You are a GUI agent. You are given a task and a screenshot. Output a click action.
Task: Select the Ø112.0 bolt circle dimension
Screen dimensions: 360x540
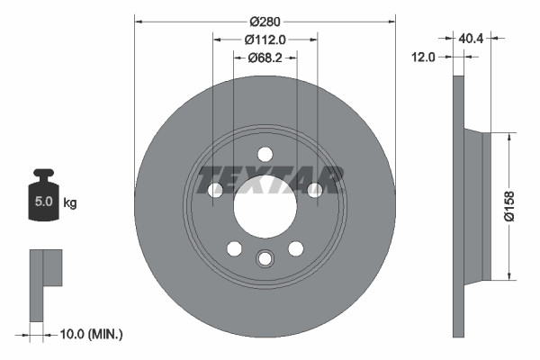click(x=265, y=40)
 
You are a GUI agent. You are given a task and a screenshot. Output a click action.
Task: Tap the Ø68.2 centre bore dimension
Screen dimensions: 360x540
click(x=265, y=58)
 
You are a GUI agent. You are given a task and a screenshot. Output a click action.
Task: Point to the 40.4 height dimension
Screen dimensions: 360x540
click(x=472, y=38)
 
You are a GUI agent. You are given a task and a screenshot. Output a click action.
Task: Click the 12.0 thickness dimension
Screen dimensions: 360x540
click(x=424, y=56)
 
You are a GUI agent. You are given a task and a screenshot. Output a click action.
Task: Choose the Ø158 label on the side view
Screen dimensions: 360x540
click(x=509, y=205)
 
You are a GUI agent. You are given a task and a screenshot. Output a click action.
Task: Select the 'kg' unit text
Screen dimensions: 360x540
click(x=70, y=202)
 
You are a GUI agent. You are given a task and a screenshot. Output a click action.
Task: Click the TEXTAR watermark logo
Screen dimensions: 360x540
click(x=271, y=179)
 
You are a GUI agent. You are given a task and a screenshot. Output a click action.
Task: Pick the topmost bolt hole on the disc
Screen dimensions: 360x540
click(x=265, y=154)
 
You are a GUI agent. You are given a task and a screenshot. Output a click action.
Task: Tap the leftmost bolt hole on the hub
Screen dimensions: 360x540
click(x=215, y=190)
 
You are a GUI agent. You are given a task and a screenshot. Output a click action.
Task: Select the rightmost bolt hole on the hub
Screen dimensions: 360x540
click(x=315, y=190)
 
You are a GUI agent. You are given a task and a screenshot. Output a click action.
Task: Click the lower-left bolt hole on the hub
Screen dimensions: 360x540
click(x=234, y=248)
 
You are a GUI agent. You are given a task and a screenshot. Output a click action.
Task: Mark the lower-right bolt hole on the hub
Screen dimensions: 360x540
click(x=295, y=248)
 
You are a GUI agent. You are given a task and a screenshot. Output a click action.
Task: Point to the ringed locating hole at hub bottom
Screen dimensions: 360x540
click(x=265, y=258)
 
